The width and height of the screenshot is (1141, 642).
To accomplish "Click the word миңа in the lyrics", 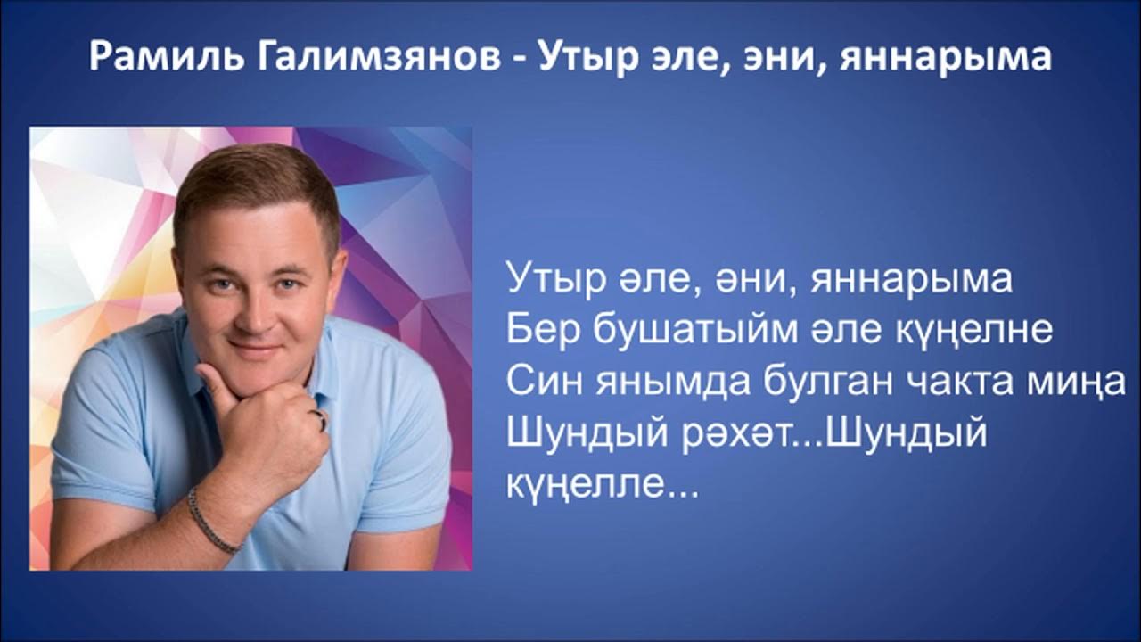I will point(1094,384).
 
